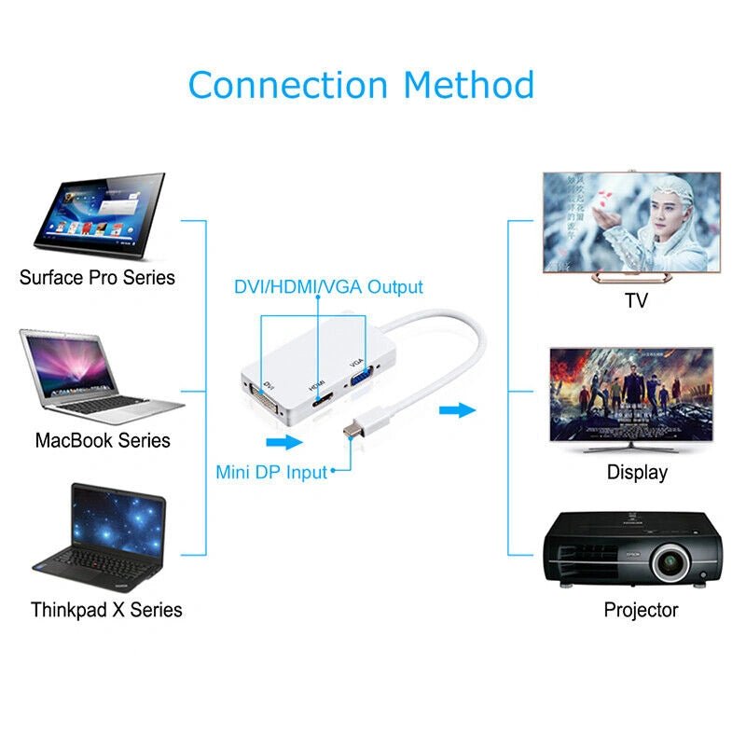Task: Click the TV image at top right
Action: point(631,224)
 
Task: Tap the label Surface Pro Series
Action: point(97,277)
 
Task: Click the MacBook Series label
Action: point(103,440)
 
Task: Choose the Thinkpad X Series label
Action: point(106,610)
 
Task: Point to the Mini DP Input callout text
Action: point(271,472)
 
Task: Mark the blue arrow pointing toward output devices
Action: point(458,410)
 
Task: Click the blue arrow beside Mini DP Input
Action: point(284,442)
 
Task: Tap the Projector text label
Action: point(641,610)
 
